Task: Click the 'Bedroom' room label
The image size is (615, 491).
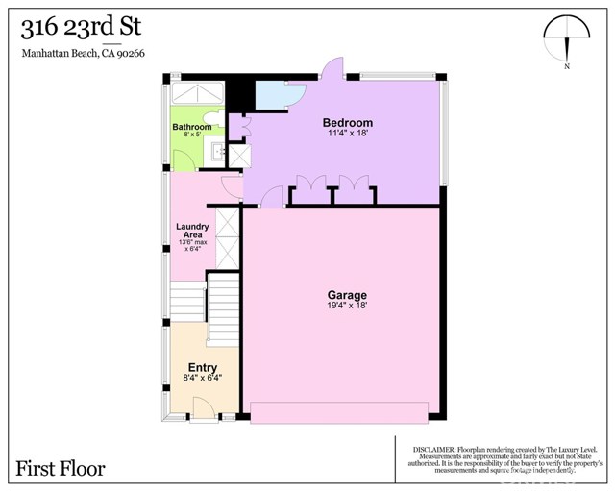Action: pyautogui.click(x=347, y=124)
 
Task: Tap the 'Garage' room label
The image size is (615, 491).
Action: pyautogui.click(x=347, y=294)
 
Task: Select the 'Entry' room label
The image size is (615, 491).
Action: pyautogui.click(x=202, y=368)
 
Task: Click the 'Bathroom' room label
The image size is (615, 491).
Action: pyautogui.click(x=192, y=127)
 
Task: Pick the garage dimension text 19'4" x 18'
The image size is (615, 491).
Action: pyautogui.click(x=347, y=305)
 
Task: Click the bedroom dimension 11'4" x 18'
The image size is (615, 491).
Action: pyautogui.click(x=347, y=135)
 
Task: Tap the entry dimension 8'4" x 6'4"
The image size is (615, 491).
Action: pyautogui.click(x=202, y=379)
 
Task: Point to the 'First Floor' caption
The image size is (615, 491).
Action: pyautogui.click(x=61, y=469)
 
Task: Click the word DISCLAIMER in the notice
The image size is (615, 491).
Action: pyautogui.click(x=435, y=449)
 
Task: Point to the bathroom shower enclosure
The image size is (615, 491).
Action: pyautogui.click(x=198, y=96)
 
